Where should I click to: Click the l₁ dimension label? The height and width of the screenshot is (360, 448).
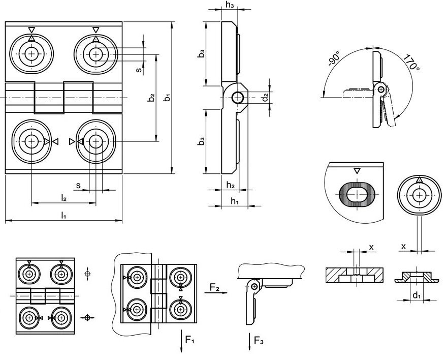pyautogui.click(x=63, y=215)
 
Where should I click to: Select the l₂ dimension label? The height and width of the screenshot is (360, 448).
pyautogui.click(x=63, y=198)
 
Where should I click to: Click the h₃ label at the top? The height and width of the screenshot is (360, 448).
pyautogui.click(x=230, y=5)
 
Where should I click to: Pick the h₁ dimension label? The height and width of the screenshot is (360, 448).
pyautogui.click(x=235, y=201)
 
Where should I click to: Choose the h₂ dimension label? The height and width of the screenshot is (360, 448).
pyautogui.click(x=231, y=185)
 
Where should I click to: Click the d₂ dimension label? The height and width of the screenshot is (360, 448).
pyautogui.click(x=266, y=97)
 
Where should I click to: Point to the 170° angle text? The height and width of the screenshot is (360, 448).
pyautogui.click(x=412, y=63)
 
